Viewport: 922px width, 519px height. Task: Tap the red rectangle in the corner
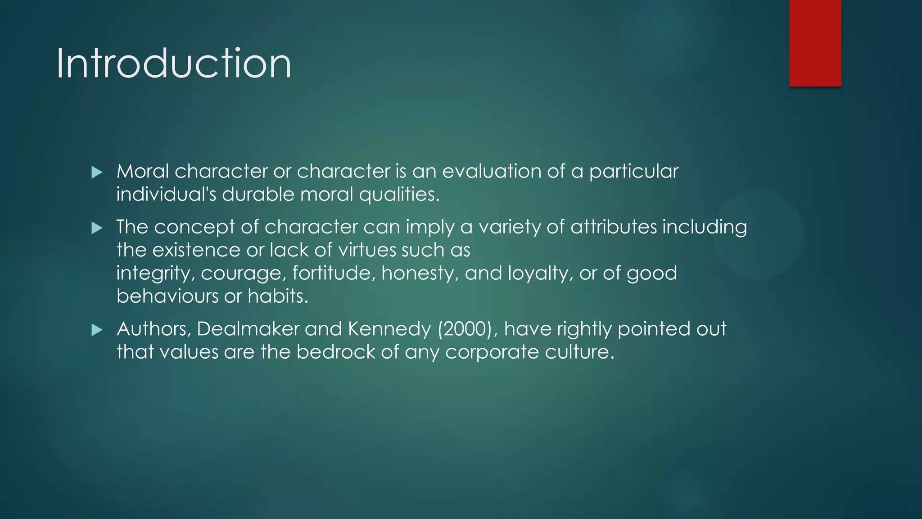click(815, 43)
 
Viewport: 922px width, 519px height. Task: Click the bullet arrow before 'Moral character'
click(97, 172)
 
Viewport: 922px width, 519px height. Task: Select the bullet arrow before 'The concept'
click(97, 228)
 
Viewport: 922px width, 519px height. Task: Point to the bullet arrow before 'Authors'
click(97, 330)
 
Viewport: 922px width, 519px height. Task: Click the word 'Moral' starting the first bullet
click(142, 172)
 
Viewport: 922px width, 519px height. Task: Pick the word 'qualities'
click(398, 195)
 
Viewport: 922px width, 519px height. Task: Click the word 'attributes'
click(614, 227)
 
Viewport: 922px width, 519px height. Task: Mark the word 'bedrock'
click(335, 352)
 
